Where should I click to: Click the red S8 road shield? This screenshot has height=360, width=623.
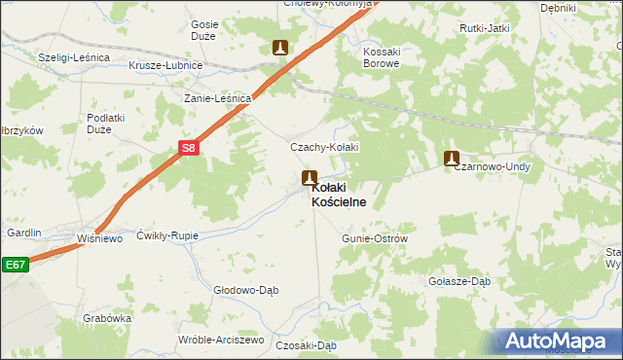tap(190, 148)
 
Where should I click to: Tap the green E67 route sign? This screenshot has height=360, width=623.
tap(14, 264)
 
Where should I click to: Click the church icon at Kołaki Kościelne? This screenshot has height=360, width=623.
tap(310, 178)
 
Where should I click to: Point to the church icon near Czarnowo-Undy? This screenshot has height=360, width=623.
tap(452, 158)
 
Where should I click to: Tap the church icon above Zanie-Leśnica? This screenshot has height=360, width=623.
tap(280, 47)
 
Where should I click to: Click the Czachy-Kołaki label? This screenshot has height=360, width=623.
tap(325, 147)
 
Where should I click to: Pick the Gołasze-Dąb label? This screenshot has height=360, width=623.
tap(459, 281)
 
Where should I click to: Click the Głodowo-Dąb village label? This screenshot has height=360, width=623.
tap(246, 290)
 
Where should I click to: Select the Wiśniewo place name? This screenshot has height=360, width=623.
tap(100, 238)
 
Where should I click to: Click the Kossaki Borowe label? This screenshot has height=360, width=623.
tap(381, 56)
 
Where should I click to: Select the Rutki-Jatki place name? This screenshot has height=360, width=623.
tap(486, 28)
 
